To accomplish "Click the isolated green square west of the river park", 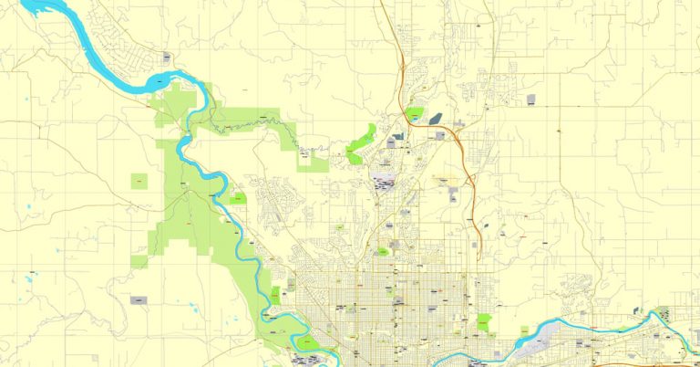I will point(139,182).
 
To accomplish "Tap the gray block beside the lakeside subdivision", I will point(167,58).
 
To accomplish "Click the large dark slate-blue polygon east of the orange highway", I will point(436,118).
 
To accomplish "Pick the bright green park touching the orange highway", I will point(414,114).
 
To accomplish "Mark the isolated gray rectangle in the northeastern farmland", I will point(532,99).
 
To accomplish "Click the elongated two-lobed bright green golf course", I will point(363,144).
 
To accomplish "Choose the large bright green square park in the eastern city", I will point(483,321).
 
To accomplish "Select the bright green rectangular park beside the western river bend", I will point(239,197).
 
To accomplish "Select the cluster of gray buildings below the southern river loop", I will point(301,360).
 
